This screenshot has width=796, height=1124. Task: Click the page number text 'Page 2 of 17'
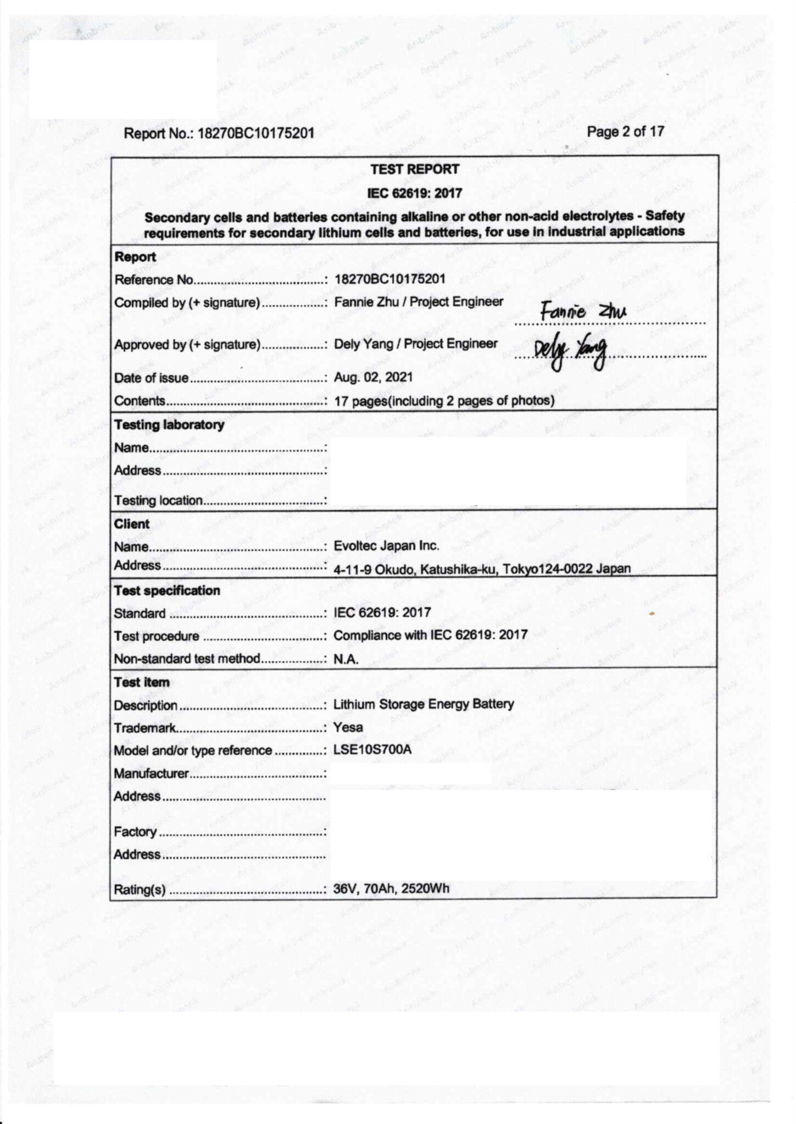pyautogui.click(x=625, y=132)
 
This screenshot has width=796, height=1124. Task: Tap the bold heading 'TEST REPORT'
pyautogui.click(x=415, y=170)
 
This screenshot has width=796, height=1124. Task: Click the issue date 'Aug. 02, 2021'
pyautogui.click(x=373, y=378)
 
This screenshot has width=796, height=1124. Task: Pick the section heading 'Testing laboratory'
pyautogui.click(x=169, y=425)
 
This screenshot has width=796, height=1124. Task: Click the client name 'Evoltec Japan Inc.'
pyautogui.click(x=386, y=546)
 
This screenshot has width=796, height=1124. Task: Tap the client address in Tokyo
pyautogui.click(x=482, y=569)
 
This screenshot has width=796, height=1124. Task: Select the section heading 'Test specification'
pyautogui.click(x=167, y=591)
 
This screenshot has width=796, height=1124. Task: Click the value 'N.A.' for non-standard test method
pyautogui.click(x=346, y=659)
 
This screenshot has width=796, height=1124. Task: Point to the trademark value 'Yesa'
pyautogui.click(x=348, y=728)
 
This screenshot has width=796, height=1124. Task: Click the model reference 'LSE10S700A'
pyautogui.click(x=372, y=750)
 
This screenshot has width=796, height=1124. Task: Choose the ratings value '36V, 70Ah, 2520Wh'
pyautogui.click(x=391, y=889)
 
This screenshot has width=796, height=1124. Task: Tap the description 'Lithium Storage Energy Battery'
pyautogui.click(x=424, y=704)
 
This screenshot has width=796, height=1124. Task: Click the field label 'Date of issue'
pyautogui.click(x=151, y=378)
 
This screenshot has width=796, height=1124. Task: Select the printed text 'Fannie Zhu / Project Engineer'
pyautogui.click(x=419, y=302)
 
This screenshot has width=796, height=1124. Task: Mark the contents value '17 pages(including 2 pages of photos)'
pyautogui.click(x=444, y=401)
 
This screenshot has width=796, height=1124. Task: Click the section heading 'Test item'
pyautogui.click(x=142, y=682)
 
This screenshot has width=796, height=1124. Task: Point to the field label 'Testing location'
pyautogui.click(x=158, y=501)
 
